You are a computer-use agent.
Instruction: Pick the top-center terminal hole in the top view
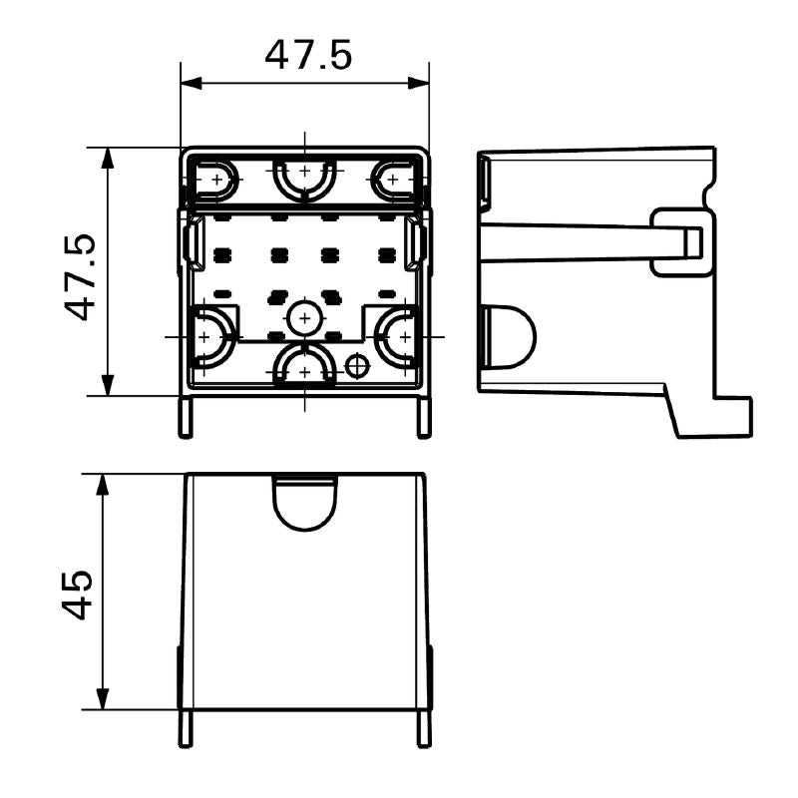[304, 178]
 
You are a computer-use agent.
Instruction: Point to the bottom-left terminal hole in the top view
[207, 337]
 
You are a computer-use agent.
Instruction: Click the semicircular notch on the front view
[304, 501]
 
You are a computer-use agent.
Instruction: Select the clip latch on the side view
[682, 241]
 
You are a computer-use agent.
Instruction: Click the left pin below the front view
[185, 728]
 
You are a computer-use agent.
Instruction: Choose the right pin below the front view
[424, 728]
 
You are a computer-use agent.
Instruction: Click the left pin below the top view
[185, 417]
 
